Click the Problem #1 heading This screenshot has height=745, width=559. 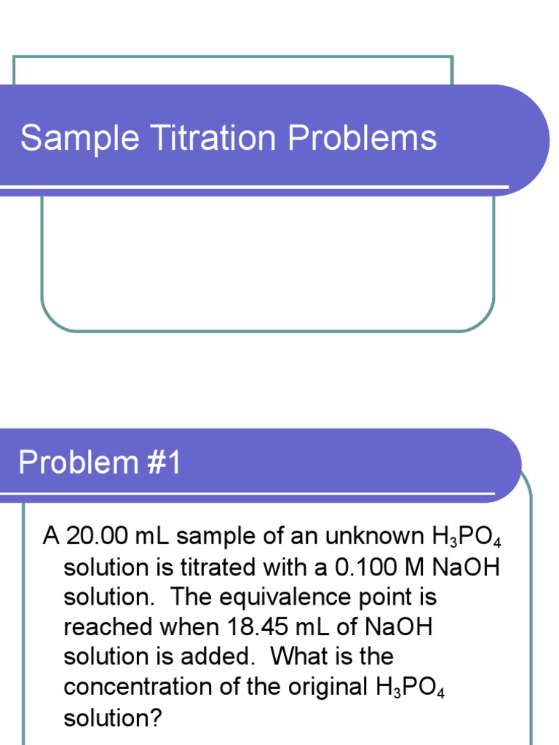99,463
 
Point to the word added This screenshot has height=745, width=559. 222,657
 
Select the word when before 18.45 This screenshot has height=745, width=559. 191,627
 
